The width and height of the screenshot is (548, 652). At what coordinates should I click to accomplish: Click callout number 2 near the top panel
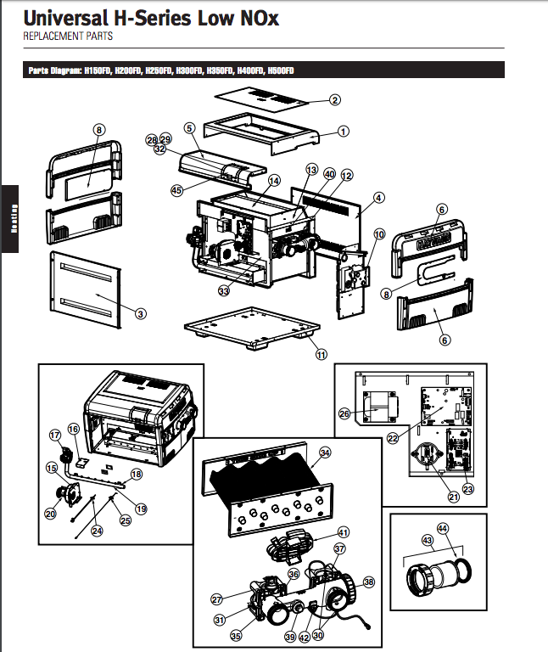[x=335, y=100]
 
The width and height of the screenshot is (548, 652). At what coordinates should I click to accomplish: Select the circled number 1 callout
[x=344, y=132]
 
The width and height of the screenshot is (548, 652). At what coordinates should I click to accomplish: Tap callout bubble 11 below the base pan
[x=321, y=354]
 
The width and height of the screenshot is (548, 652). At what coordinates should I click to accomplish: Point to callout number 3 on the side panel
[x=141, y=313]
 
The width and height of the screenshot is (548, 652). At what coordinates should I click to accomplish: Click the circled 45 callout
[x=176, y=191]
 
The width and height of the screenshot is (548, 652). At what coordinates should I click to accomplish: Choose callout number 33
[x=224, y=291]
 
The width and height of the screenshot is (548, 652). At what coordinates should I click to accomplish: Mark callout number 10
[x=379, y=233]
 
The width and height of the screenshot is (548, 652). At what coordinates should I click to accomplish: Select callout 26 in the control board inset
[x=344, y=414]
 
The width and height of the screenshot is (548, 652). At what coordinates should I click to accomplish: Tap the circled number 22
[x=393, y=438]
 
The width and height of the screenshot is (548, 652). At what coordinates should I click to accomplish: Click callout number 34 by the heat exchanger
[x=326, y=453]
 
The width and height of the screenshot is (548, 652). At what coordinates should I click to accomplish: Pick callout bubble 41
[x=344, y=531]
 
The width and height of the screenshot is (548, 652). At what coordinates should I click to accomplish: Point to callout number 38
[x=369, y=582]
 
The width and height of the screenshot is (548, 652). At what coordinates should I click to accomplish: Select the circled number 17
[x=55, y=436]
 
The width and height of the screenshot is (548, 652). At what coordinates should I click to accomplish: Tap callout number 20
[x=51, y=513]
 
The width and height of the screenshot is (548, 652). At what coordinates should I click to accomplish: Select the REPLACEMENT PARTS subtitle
[x=67, y=37]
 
